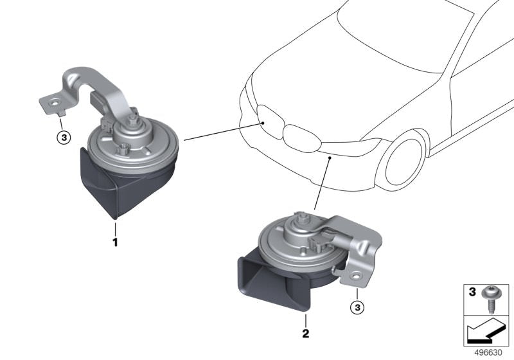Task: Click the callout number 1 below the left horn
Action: tap(115, 242)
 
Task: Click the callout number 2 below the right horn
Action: tap(306, 334)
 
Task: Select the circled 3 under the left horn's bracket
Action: tap(62, 137)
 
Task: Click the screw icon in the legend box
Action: tap(493, 300)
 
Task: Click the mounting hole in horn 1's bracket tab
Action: tap(55, 102)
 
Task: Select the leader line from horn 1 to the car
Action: tap(222, 130)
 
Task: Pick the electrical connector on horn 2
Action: tap(319, 242)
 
